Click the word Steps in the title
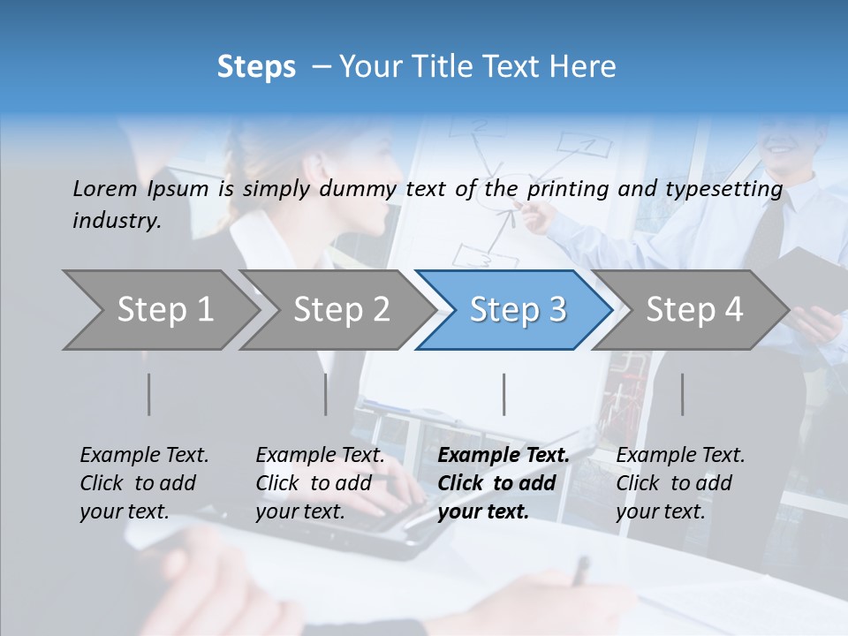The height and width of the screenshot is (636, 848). [x=256, y=67]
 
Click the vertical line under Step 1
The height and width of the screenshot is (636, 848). [x=149, y=394]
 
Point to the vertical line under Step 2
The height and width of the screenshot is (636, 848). [x=326, y=394]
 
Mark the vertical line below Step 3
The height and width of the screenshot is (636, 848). [x=504, y=394]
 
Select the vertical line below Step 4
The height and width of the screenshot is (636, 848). [x=683, y=394]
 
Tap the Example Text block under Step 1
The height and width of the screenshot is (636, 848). [x=144, y=483]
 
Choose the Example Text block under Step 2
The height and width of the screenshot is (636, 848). [x=320, y=483]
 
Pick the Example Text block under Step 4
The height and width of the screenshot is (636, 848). [x=680, y=483]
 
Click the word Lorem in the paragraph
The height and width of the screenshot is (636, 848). [x=104, y=189]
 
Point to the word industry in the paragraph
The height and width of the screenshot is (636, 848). [x=117, y=221]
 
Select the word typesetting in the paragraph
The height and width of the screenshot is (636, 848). [x=729, y=189]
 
